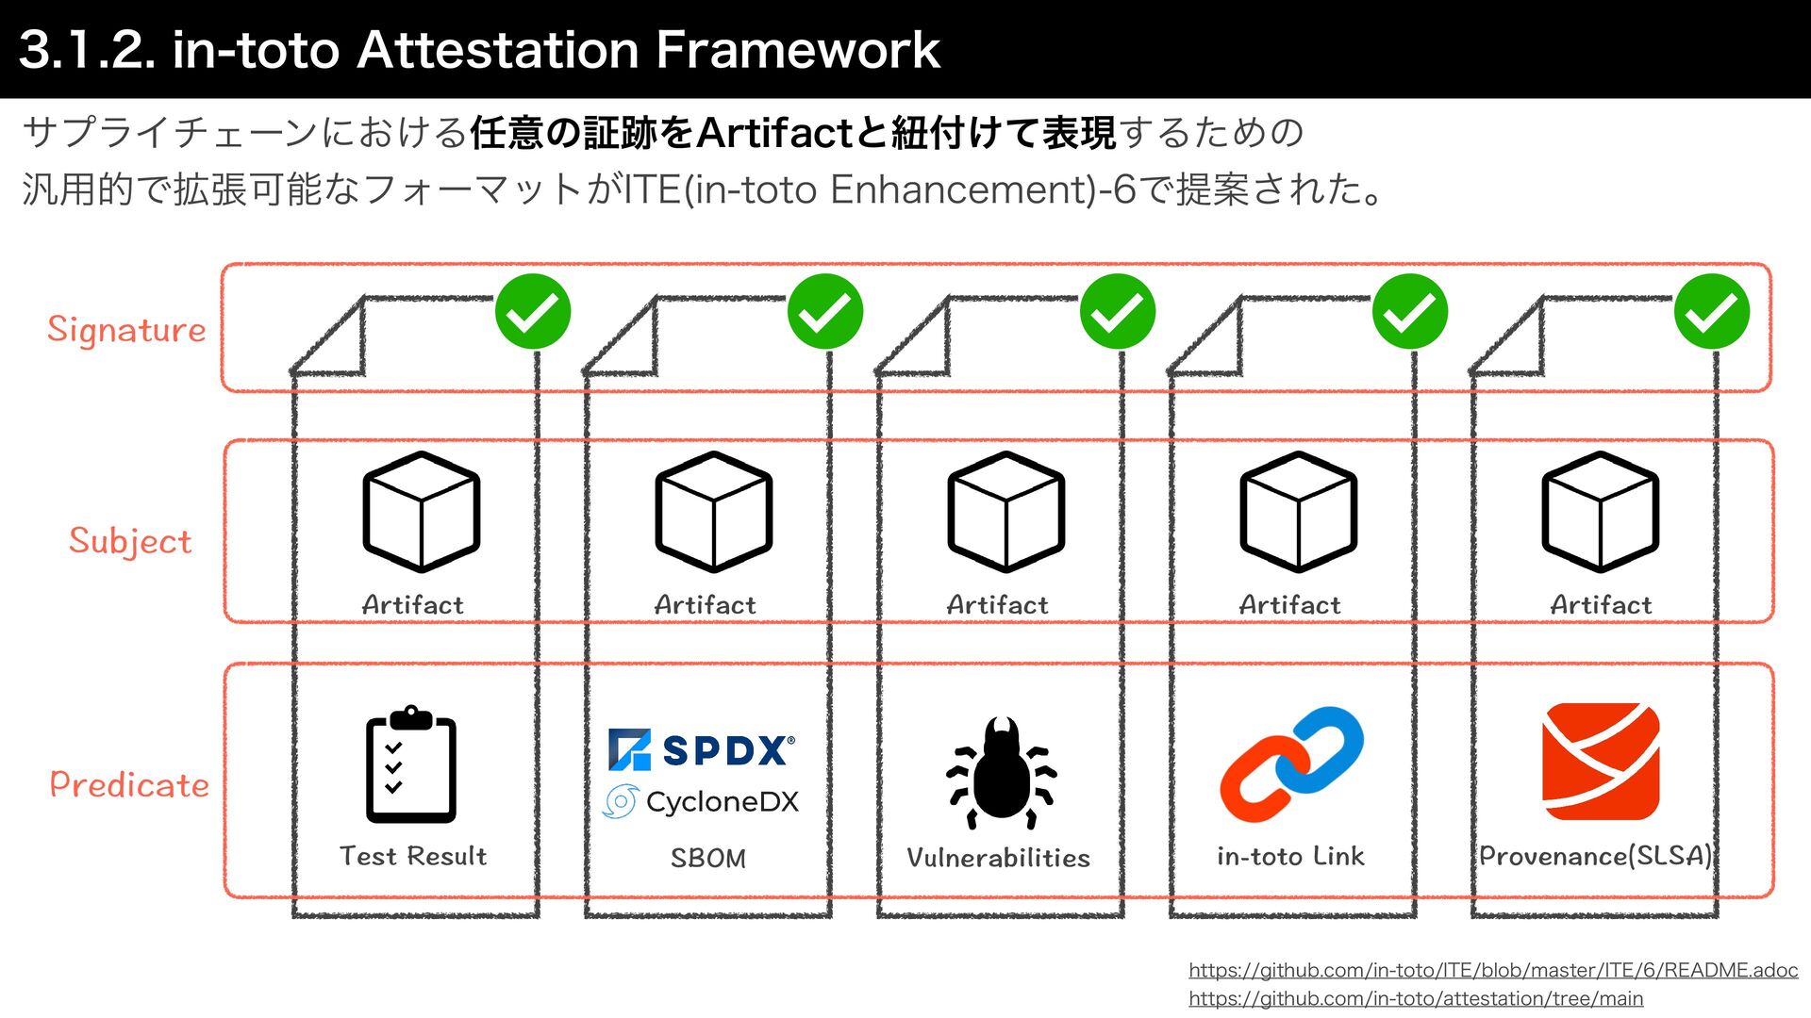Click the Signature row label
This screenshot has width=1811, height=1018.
coord(126,330)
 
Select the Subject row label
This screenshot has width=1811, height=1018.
coord(130,541)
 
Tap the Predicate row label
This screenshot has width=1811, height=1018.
coord(129,784)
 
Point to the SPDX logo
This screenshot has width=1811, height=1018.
coord(702,749)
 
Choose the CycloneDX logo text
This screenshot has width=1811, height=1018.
coord(722,802)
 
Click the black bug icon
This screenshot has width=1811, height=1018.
coord(1001,773)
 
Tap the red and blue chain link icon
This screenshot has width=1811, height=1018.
coord(1291,763)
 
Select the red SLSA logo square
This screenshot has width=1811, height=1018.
coord(1601,762)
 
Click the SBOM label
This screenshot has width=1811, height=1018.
coord(707,858)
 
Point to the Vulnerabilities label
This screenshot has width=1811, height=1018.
coord(998,858)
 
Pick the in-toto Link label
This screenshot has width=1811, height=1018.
coord(1290,856)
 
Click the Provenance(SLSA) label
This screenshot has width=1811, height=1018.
coord(1595,856)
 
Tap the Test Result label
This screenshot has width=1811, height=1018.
coord(413,856)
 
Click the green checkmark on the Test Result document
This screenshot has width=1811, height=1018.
coord(533,312)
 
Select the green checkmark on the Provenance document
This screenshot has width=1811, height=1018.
coord(1712,312)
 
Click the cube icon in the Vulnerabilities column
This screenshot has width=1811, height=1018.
coord(1006,512)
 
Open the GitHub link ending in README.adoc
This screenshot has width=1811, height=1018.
coord(1493,970)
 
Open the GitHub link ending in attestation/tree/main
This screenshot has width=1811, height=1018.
coord(1416,998)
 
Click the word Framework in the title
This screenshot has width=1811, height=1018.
coord(797,49)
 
